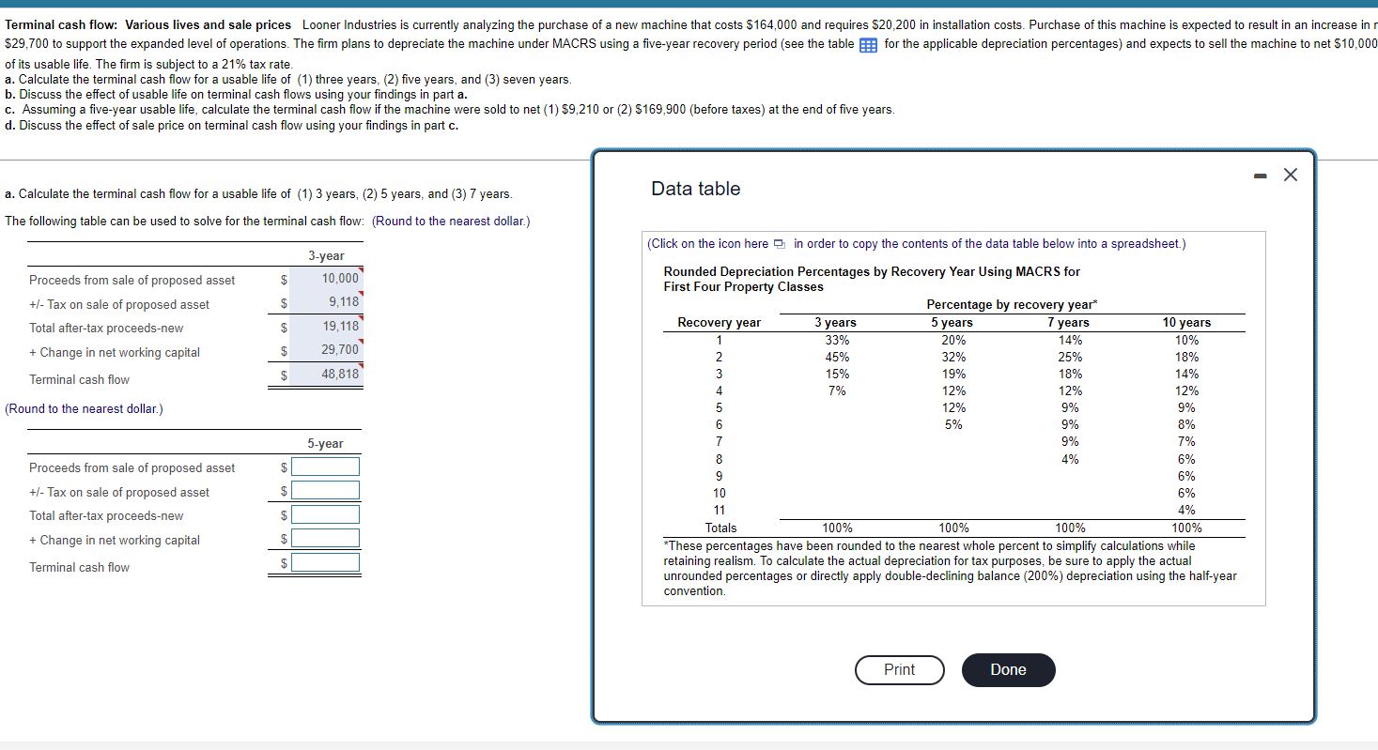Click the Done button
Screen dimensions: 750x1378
pyautogui.click(x=1008, y=669)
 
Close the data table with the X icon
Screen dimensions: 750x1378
pyautogui.click(x=1291, y=175)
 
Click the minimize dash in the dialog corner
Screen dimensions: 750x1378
pyautogui.click(x=1261, y=175)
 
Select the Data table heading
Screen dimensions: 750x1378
pyautogui.click(x=695, y=189)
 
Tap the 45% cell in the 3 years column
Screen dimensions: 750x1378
pyautogui.click(x=836, y=357)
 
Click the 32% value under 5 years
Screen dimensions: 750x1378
pyautogui.click(x=952, y=357)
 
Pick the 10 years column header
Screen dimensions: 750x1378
pyautogui.click(x=1186, y=322)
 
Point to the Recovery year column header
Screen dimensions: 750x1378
pyautogui.click(x=719, y=322)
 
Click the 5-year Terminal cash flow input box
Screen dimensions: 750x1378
pyautogui.click(x=325, y=562)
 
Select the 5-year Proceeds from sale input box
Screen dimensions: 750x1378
pyautogui.click(x=325, y=467)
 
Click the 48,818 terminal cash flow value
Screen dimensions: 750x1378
pyautogui.click(x=339, y=374)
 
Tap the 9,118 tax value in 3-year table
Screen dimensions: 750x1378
pyautogui.click(x=343, y=301)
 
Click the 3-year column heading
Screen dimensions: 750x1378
pyautogui.click(x=326, y=255)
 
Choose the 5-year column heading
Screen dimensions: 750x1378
pyautogui.click(x=325, y=443)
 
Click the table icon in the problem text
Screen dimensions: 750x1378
pyautogui.click(x=869, y=44)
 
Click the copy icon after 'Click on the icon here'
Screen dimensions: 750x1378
pyautogui.click(x=781, y=244)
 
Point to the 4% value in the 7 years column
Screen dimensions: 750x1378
pyautogui.click(x=1069, y=459)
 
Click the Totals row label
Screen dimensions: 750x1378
pyautogui.click(x=720, y=528)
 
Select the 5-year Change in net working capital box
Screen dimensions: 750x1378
pyautogui.click(x=325, y=538)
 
